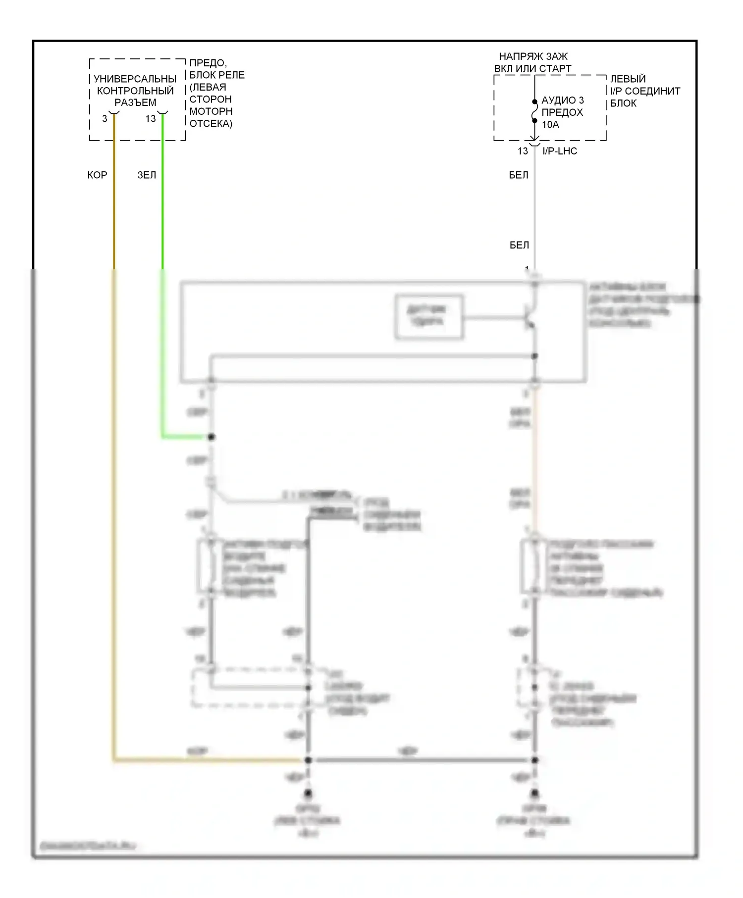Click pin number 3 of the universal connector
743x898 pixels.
click(105, 119)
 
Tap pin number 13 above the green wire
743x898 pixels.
click(151, 119)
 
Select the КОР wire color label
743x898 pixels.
click(97, 175)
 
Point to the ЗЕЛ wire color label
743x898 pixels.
click(147, 175)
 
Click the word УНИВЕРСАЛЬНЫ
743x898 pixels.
click(135, 79)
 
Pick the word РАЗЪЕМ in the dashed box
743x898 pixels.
click(135, 102)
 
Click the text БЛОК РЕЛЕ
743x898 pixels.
click(217, 75)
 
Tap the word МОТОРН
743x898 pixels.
click(211, 111)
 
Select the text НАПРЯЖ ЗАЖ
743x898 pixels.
click(533, 56)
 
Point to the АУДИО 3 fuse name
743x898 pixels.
click(563, 100)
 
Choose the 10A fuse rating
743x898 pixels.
click(550, 125)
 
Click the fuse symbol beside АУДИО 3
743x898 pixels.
click(534, 111)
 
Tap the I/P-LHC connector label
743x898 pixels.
click(560, 151)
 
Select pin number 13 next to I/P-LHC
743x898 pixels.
click(523, 151)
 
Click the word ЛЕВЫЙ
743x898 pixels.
click(628, 79)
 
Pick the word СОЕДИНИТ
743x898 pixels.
click(652, 91)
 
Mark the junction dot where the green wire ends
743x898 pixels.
click(212, 437)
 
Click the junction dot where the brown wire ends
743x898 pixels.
click(308, 760)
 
